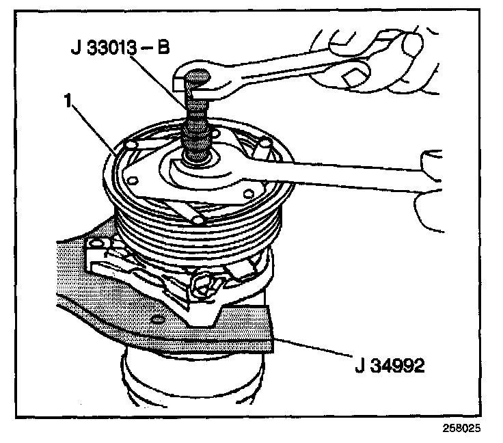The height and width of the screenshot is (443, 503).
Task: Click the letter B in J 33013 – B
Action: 163,51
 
